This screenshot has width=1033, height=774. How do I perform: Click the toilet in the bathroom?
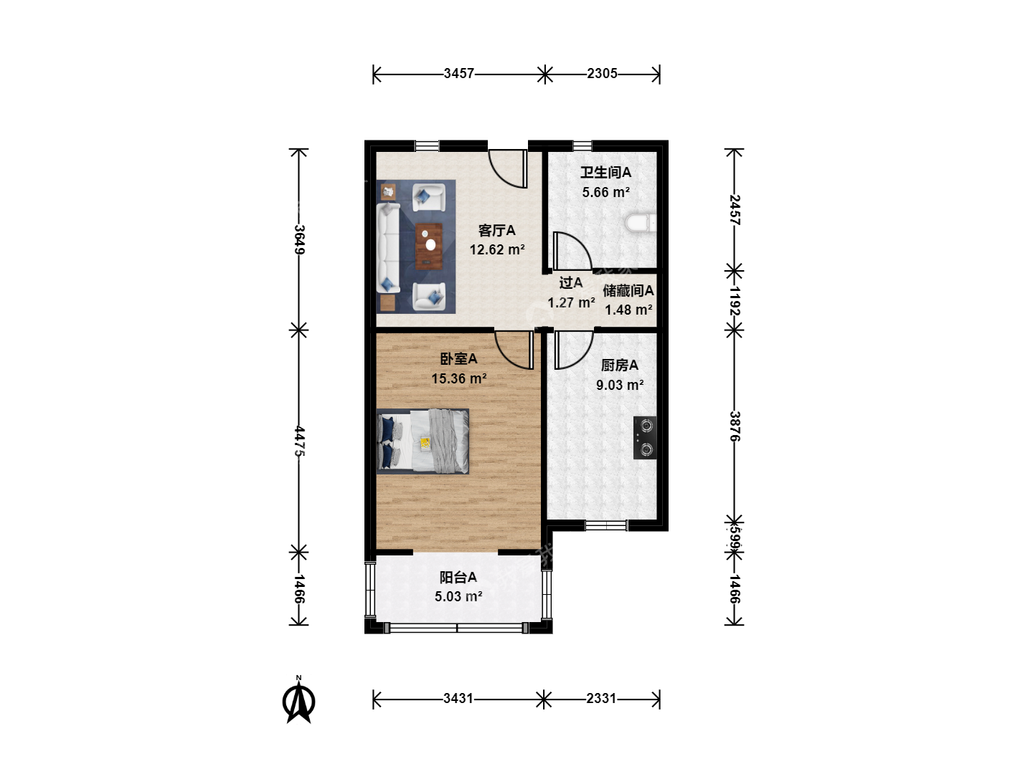click(x=641, y=223)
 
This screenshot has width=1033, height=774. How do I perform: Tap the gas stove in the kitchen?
click(x=645, y=437)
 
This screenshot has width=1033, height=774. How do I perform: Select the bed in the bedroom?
click(x=423, y=441)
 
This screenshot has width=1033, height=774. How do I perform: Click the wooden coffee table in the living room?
click(x=429, y=247)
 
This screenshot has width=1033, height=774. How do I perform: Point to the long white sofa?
click(x=388, y=248)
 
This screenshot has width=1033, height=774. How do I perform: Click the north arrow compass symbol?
click(x=299, y=700)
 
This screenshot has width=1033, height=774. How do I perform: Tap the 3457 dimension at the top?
click(x=459, y=74)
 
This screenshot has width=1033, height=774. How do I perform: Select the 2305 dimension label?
click(x=602, y=74)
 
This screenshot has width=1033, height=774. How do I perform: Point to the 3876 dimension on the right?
click(x=735, y=426)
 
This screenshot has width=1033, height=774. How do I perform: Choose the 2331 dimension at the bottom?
click(x=601, y=699)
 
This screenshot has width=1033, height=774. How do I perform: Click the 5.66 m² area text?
click(x=605, y=192)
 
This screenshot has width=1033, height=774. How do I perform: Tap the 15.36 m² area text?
click(x=459, y=378)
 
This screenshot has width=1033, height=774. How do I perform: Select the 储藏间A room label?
click(x=628, y=290)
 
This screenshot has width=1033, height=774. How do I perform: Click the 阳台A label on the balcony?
click(x=458, y=577)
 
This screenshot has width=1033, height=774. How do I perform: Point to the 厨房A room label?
click(x=619, y=365)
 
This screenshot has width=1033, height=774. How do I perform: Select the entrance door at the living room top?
click(x=509, y=169)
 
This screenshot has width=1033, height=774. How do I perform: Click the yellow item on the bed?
click(x=425, y=443)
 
